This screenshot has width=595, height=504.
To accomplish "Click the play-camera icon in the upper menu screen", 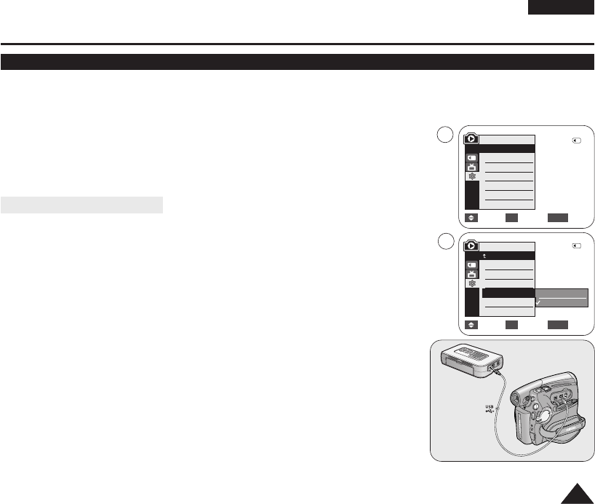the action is (471, 138).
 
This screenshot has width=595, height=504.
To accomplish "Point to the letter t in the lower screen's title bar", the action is (484, 256).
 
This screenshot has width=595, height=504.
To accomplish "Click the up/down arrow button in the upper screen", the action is (471, 217).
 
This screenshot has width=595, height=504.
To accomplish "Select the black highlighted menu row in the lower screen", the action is (508, 293).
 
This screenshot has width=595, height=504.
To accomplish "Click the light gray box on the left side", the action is (82, 205).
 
